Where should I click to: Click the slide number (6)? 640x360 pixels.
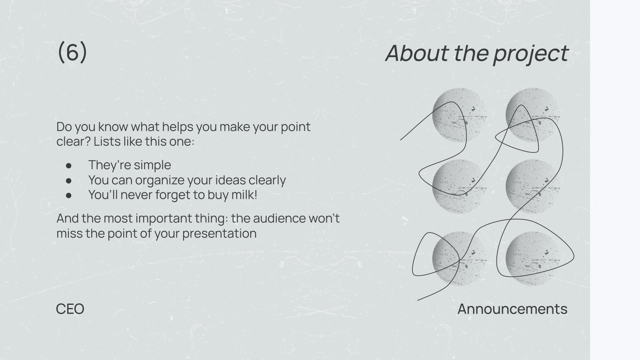coord(72,52)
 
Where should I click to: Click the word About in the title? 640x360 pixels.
coord(416,53)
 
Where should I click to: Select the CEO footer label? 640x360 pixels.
coord(70,309)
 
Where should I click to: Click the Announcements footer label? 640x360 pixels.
coord(512,309)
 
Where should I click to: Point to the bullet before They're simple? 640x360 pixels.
coord(69,165)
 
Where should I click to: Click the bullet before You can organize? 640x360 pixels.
coord(69,180)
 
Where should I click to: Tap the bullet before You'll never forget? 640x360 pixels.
coord(69,195)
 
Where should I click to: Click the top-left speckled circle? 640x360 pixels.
coord(459,115)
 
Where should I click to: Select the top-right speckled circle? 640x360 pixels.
coord(532,115)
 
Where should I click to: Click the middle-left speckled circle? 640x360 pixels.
coord(459,186)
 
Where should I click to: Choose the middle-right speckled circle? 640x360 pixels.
coord(532,186)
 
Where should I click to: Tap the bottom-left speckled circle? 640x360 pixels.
coord(459,258)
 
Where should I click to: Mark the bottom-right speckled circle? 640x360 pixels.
coord(532,258)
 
